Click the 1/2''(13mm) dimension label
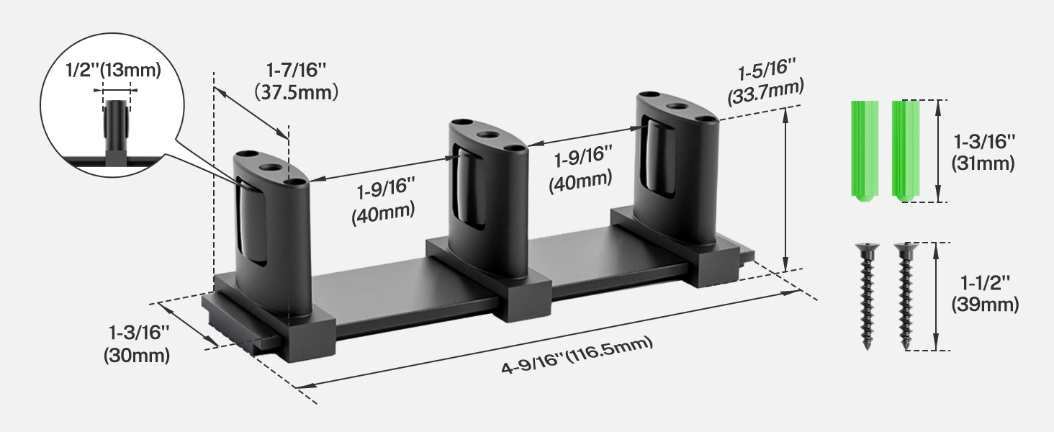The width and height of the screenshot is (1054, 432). click(x=114, y=70)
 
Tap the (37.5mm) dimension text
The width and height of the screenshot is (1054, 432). click(x=297, y=92)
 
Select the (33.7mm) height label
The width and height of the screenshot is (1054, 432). click(x=765, y=92)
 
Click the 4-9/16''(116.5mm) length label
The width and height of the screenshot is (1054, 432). click(x=577, y=355)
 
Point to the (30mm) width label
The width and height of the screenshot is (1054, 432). click(x=137, y=355)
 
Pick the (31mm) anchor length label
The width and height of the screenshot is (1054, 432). click(x=983, y=163)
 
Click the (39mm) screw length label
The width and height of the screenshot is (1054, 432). click(x=985, y=305)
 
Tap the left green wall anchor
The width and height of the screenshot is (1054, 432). click(x=865, y=150)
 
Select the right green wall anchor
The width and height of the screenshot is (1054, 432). click(x=906, y=150)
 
